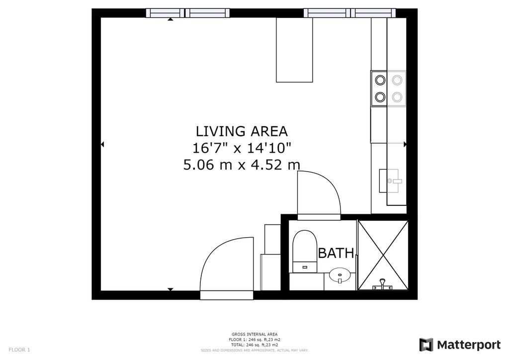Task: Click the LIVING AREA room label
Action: click(242, 131)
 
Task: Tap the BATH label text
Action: click(336, 253)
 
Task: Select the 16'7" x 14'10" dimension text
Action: click(242, 148)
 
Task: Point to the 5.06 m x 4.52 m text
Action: click(242, 165)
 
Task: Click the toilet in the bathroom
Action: click(305, 252)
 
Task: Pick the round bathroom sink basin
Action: click(339, 275)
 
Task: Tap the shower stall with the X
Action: click(383, 255)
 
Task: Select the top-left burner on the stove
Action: click(380, 80)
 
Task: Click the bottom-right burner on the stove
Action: click(397, 96)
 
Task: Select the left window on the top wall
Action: click(187, 13)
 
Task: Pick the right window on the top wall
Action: click(350, 13)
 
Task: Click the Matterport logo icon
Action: click(426, 345)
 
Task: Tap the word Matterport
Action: click(469, 345)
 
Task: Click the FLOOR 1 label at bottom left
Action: click(19, 350)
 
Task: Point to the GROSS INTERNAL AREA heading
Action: click(254, 334)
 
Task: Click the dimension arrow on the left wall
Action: click(102, 144)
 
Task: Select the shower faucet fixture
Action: click(382, 284)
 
